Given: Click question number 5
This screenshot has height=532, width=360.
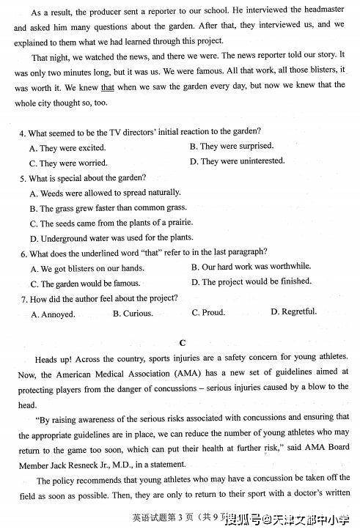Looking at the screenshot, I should [23, 178].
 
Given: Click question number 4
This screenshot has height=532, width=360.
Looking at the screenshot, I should [23, 133].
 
